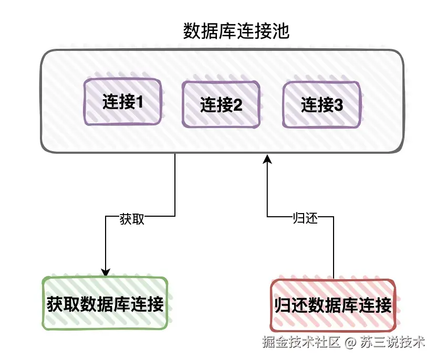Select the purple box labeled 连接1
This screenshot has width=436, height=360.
pos(123,102)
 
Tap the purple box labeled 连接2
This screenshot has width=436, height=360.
pos(221,105)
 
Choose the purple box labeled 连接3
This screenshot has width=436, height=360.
pos(321,105)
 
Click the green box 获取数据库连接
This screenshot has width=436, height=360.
pos(105,304)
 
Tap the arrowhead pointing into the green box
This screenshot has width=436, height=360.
pos(106,272)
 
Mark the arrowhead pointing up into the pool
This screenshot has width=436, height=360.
pos(267,158)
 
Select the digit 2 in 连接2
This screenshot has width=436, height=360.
pos(237,105)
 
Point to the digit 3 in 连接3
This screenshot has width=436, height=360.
pos(338,105)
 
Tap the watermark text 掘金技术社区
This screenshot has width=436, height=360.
pos(301,343)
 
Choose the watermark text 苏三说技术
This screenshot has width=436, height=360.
pos(392,343)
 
